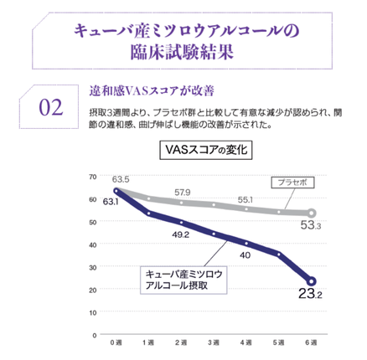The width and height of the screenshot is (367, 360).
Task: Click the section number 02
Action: coord(51,107)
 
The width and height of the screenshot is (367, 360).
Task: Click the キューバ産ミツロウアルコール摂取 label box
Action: coord(178,279)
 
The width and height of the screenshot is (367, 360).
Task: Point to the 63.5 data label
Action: coord(121,180)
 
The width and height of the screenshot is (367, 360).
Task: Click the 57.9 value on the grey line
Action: coord(183,193)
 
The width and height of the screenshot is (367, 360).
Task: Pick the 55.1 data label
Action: coord(246,200)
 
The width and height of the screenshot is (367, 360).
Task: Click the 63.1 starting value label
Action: coord(111,202)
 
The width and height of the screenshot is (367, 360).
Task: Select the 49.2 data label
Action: coord(180,235)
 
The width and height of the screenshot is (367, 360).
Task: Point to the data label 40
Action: coord(246,255)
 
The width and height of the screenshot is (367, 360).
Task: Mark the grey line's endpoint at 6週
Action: coord(312,213)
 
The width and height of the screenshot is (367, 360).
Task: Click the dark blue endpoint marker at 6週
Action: coord(312,280)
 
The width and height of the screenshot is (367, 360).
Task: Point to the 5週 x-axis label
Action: coord(279,343)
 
